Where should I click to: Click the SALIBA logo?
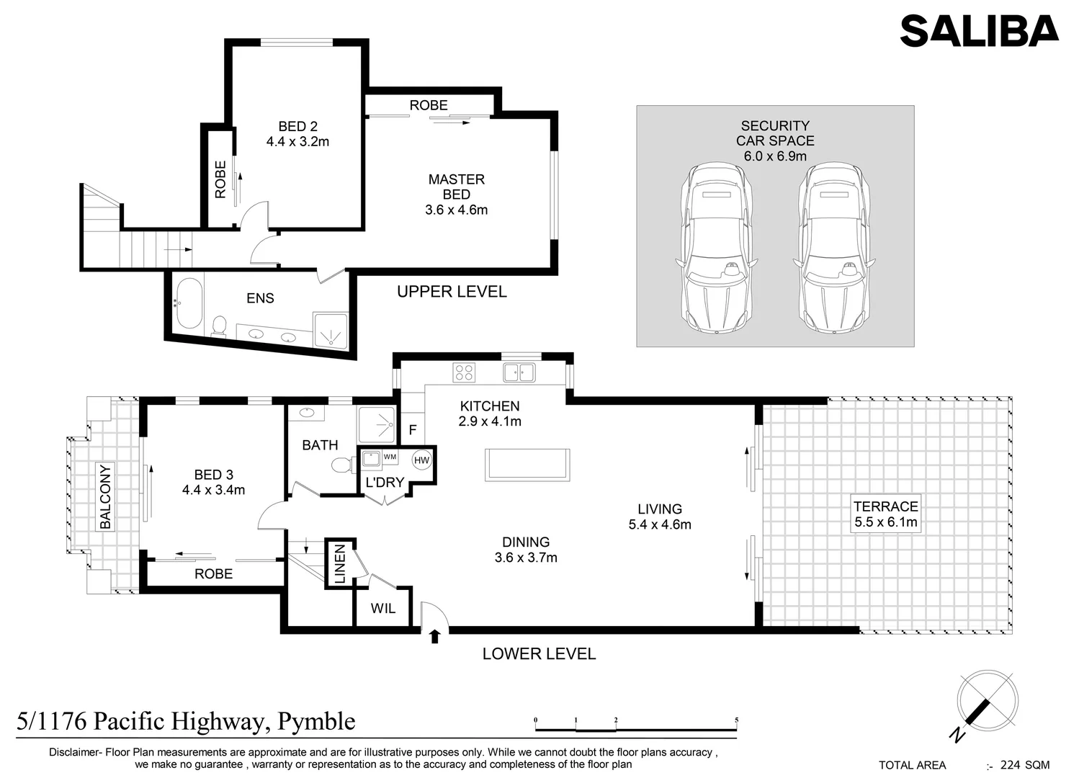(x=979, y=31)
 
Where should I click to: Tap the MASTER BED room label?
(x=456, y=187)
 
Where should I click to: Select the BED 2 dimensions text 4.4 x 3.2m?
(x=297, y=142)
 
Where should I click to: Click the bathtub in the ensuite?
(x=189, y=303)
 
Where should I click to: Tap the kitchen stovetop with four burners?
(x=464, y=372)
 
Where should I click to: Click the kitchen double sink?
(x=519, y=372)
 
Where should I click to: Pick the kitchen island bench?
(x=528, y=463)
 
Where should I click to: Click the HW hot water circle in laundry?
(x=422, y=460)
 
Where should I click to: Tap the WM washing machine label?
(x=390, y=457)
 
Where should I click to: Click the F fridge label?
(x=413, y=430)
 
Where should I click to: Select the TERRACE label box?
(x=885, y=514)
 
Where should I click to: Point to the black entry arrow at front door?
(x=434, y=636)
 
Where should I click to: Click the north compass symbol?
(x=987, y=700)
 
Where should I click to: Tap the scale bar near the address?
(x=636, y=726)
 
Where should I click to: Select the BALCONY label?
(x=106, y=496)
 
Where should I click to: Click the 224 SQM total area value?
(x=1024, y=765)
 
